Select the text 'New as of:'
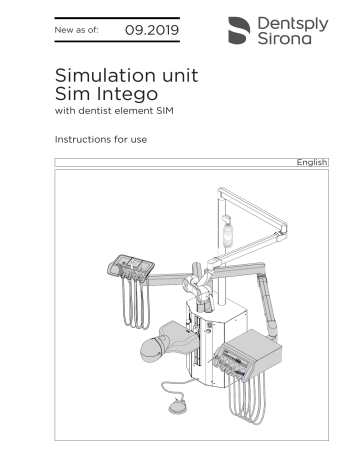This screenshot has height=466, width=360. (x=79, y=32)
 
